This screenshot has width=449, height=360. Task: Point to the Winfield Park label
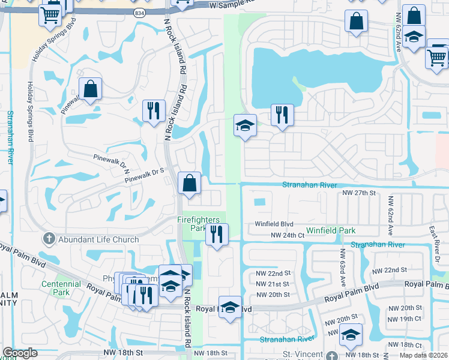331,230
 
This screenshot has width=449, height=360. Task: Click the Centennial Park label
61,289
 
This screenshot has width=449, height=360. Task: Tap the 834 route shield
140,13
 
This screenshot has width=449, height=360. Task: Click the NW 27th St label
358,193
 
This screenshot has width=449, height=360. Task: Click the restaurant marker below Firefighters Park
217,234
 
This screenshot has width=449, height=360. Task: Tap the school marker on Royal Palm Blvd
229,307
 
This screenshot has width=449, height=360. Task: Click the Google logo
20,353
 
